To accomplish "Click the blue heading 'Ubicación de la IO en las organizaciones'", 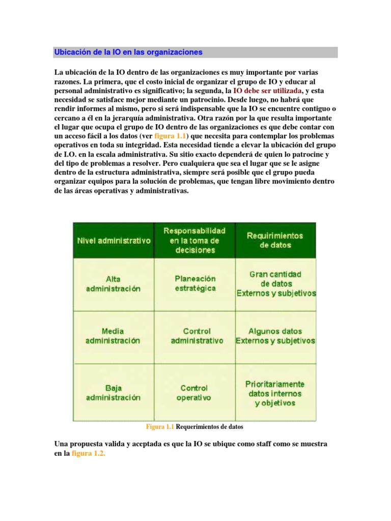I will tap(128, 52).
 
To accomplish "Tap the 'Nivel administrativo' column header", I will tap(114, 241).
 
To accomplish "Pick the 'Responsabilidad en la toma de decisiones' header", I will tap(194, 240).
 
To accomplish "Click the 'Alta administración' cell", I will tap(113, 284).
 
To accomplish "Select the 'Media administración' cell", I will tap(113, 336).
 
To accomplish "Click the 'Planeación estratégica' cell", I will tap(195, 283).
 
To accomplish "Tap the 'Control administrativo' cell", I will tap(197, 336).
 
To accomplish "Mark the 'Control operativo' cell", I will tap(194, 392).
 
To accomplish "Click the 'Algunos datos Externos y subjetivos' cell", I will tap(275, 336).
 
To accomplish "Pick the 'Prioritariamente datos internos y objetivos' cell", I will tap(275, 393).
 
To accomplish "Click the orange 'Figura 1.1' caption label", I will tap(160, 427).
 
